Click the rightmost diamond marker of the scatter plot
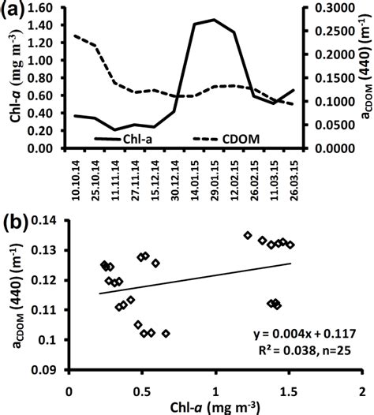pyautogui.click(x=290, y=245)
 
